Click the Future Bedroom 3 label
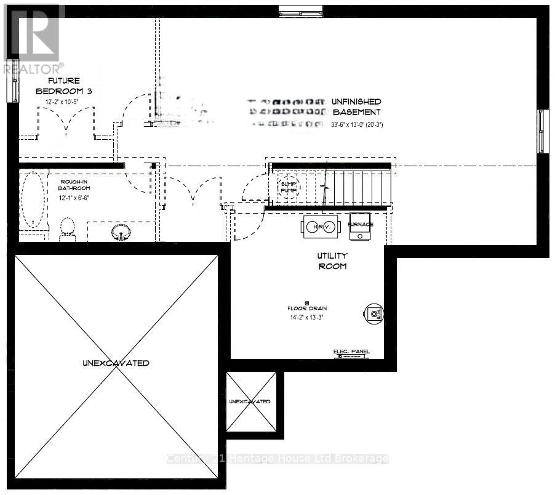coord(71,86)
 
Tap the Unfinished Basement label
coord(357,107)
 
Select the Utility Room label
coord(332,260)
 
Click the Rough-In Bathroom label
coord(74,184)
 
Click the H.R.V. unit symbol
coord(320,226)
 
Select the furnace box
coord(360,225)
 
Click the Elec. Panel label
coord(351,352)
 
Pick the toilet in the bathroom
coord(67,228)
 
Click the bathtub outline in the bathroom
coord(31,200)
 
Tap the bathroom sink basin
coord(120,233)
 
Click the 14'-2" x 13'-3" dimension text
coord(306,318)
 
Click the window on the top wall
coord(300,10)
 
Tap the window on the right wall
coord(541,131)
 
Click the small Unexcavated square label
coord(249,401)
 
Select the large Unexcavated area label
coord(115,363)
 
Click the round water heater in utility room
coord(373,313)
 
